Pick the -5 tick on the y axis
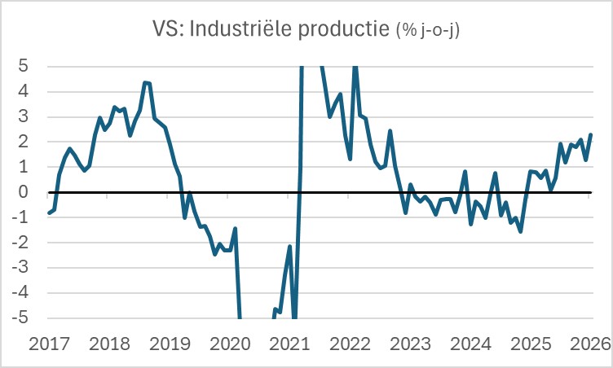click(22, 318)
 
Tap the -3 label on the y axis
click(22, 268)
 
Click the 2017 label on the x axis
click(51, 343)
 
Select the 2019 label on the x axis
click(170, 343)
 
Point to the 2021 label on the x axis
click(290, 343)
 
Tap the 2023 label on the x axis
click(410, 343)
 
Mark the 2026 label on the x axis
click(589, 343)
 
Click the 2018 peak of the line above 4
click(144, 82)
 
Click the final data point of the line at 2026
click(590, 134)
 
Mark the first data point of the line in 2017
click(49, 213)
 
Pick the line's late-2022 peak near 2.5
click(390, 130)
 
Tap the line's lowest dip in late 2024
click(520, 231)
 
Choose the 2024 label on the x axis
click(470, 343)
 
